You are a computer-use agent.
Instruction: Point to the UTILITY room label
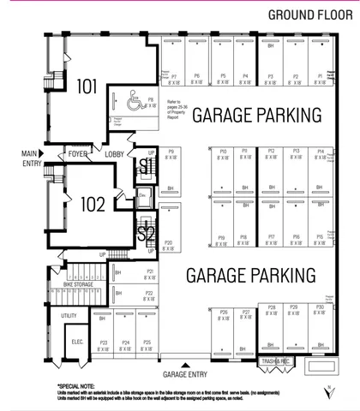tap(69, 316)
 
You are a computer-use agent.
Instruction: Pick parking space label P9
tap(171, 152)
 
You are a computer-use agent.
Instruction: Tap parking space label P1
tap(320, 77)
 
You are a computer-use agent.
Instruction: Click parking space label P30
tap(320, 307)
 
